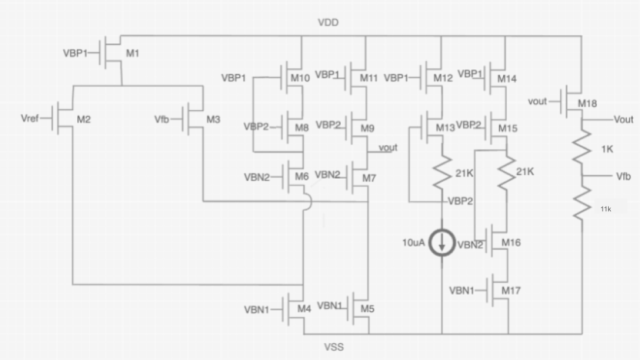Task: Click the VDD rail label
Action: [328, 22]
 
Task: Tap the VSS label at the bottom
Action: [333, 347]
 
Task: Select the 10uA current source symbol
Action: [441, 243]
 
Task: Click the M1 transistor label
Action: [133, 53]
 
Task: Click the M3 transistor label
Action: [213, 119]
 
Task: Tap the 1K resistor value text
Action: [606, 149]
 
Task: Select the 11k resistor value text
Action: [605, 209]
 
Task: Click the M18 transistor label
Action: [587, 103]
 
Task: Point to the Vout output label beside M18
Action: [623, 119]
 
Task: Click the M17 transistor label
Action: [511, 291]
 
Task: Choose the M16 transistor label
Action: [511, 242]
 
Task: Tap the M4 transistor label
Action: [304, 309]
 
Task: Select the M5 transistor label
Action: [367, 309]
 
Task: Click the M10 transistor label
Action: [300, 78]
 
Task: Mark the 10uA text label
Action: [413, 243]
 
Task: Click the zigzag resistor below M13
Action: [441, 172]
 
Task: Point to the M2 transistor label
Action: [83, 119]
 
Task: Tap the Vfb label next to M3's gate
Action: [163, 119]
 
